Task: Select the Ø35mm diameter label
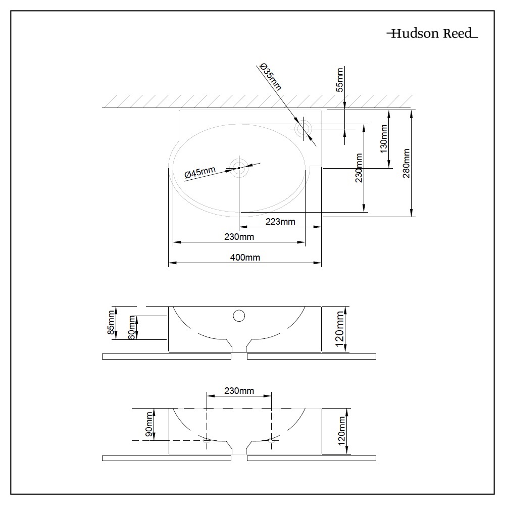coord(270,76)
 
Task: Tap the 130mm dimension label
coord(384,139)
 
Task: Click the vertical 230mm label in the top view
coord(359,168)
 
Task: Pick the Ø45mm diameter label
coord(200,173)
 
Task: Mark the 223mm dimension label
coord(281,221)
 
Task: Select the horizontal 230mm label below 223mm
coord(239,236)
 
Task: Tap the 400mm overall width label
coord(245,257)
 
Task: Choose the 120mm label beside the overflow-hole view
coord(340,328)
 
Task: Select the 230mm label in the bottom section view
coord(239,391)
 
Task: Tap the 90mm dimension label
coord(149,424)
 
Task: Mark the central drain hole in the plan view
coord(239,168)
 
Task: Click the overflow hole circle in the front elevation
coord(239,316)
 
